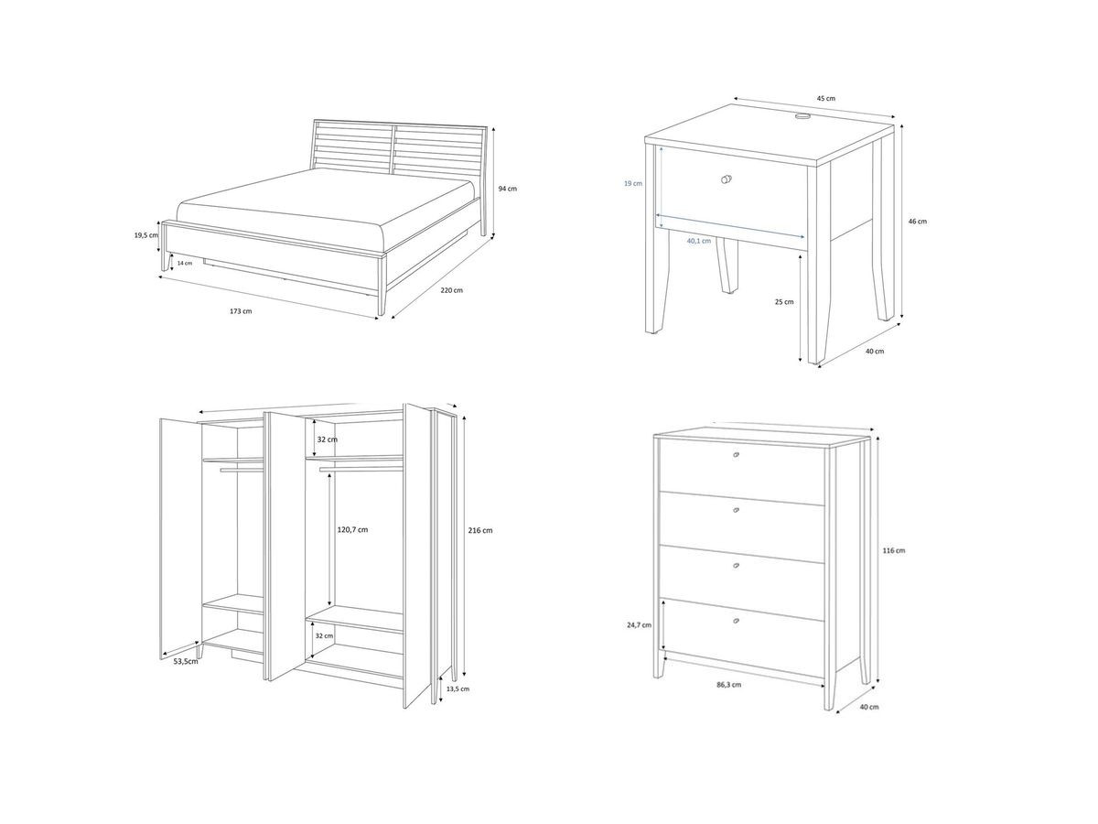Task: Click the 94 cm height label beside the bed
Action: pos(507,189)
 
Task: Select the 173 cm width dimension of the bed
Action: pos(241,311)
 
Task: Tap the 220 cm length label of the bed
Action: pos(451,290)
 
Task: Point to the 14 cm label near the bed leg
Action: pos(185,263)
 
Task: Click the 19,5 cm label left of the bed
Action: pos(145,235)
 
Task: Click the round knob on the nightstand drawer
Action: pos(727,179)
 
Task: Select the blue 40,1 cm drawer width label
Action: pos(698,242)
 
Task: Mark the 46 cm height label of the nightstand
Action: pos(917,222)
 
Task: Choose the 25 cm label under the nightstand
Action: pos(784,301)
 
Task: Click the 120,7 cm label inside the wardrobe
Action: pos(351,530)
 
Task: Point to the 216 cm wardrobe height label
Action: pos(480,531)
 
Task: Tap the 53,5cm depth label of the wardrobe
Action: pos(186,661)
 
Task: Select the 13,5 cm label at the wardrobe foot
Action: pos(457,688)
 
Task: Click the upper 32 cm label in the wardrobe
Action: pos(327,439)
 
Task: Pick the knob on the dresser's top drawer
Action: pos(737,455)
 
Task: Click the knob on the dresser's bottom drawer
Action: pos(737,622)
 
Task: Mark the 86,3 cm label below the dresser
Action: pos(728,684)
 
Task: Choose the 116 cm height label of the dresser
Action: pos(894,550)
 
